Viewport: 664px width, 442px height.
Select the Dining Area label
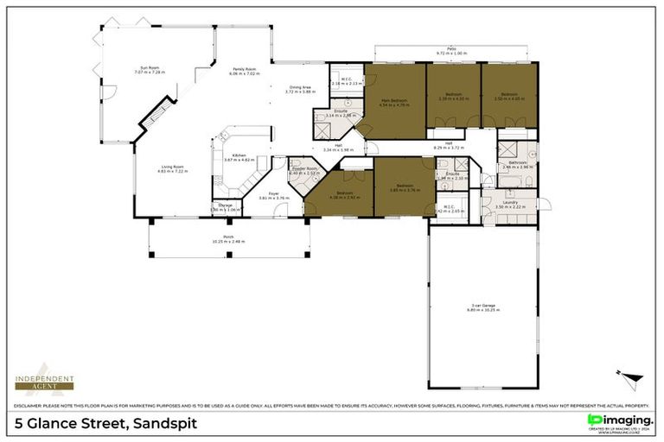tap(301, 86)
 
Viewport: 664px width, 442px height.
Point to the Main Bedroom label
tap(394, 100)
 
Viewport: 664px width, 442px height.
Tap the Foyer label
tap(272, 193)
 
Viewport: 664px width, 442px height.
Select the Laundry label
tap(510, 202)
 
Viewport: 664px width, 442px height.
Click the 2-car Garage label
tap(483, 304)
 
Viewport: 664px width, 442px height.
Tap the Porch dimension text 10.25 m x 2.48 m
tap(228, 242)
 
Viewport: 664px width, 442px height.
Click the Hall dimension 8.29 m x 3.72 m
tap(450, 148)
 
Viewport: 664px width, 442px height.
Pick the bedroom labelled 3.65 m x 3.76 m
tap(403, 187)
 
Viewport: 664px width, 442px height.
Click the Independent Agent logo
tap(44, 382)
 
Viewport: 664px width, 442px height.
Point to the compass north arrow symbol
tap(630, 381)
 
